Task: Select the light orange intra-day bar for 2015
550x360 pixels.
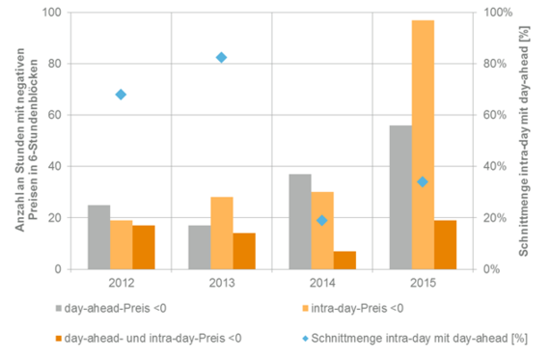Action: click(x=423, y=145)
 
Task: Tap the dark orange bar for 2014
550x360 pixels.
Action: click(x=345, y=260)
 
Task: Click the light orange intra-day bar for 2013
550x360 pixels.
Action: click(x=222, y=233)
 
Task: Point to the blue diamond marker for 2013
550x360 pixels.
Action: click(x=221, y=58)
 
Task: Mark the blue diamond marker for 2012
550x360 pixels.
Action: click(x=121, y=95)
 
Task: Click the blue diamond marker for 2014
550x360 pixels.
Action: click(x=322, y=220)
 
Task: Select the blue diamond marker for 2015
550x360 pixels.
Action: click(x=423, y=181)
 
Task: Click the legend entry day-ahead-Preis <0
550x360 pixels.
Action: click(x=125, y=310)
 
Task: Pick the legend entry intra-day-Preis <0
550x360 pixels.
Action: click(x=348, y=310)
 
